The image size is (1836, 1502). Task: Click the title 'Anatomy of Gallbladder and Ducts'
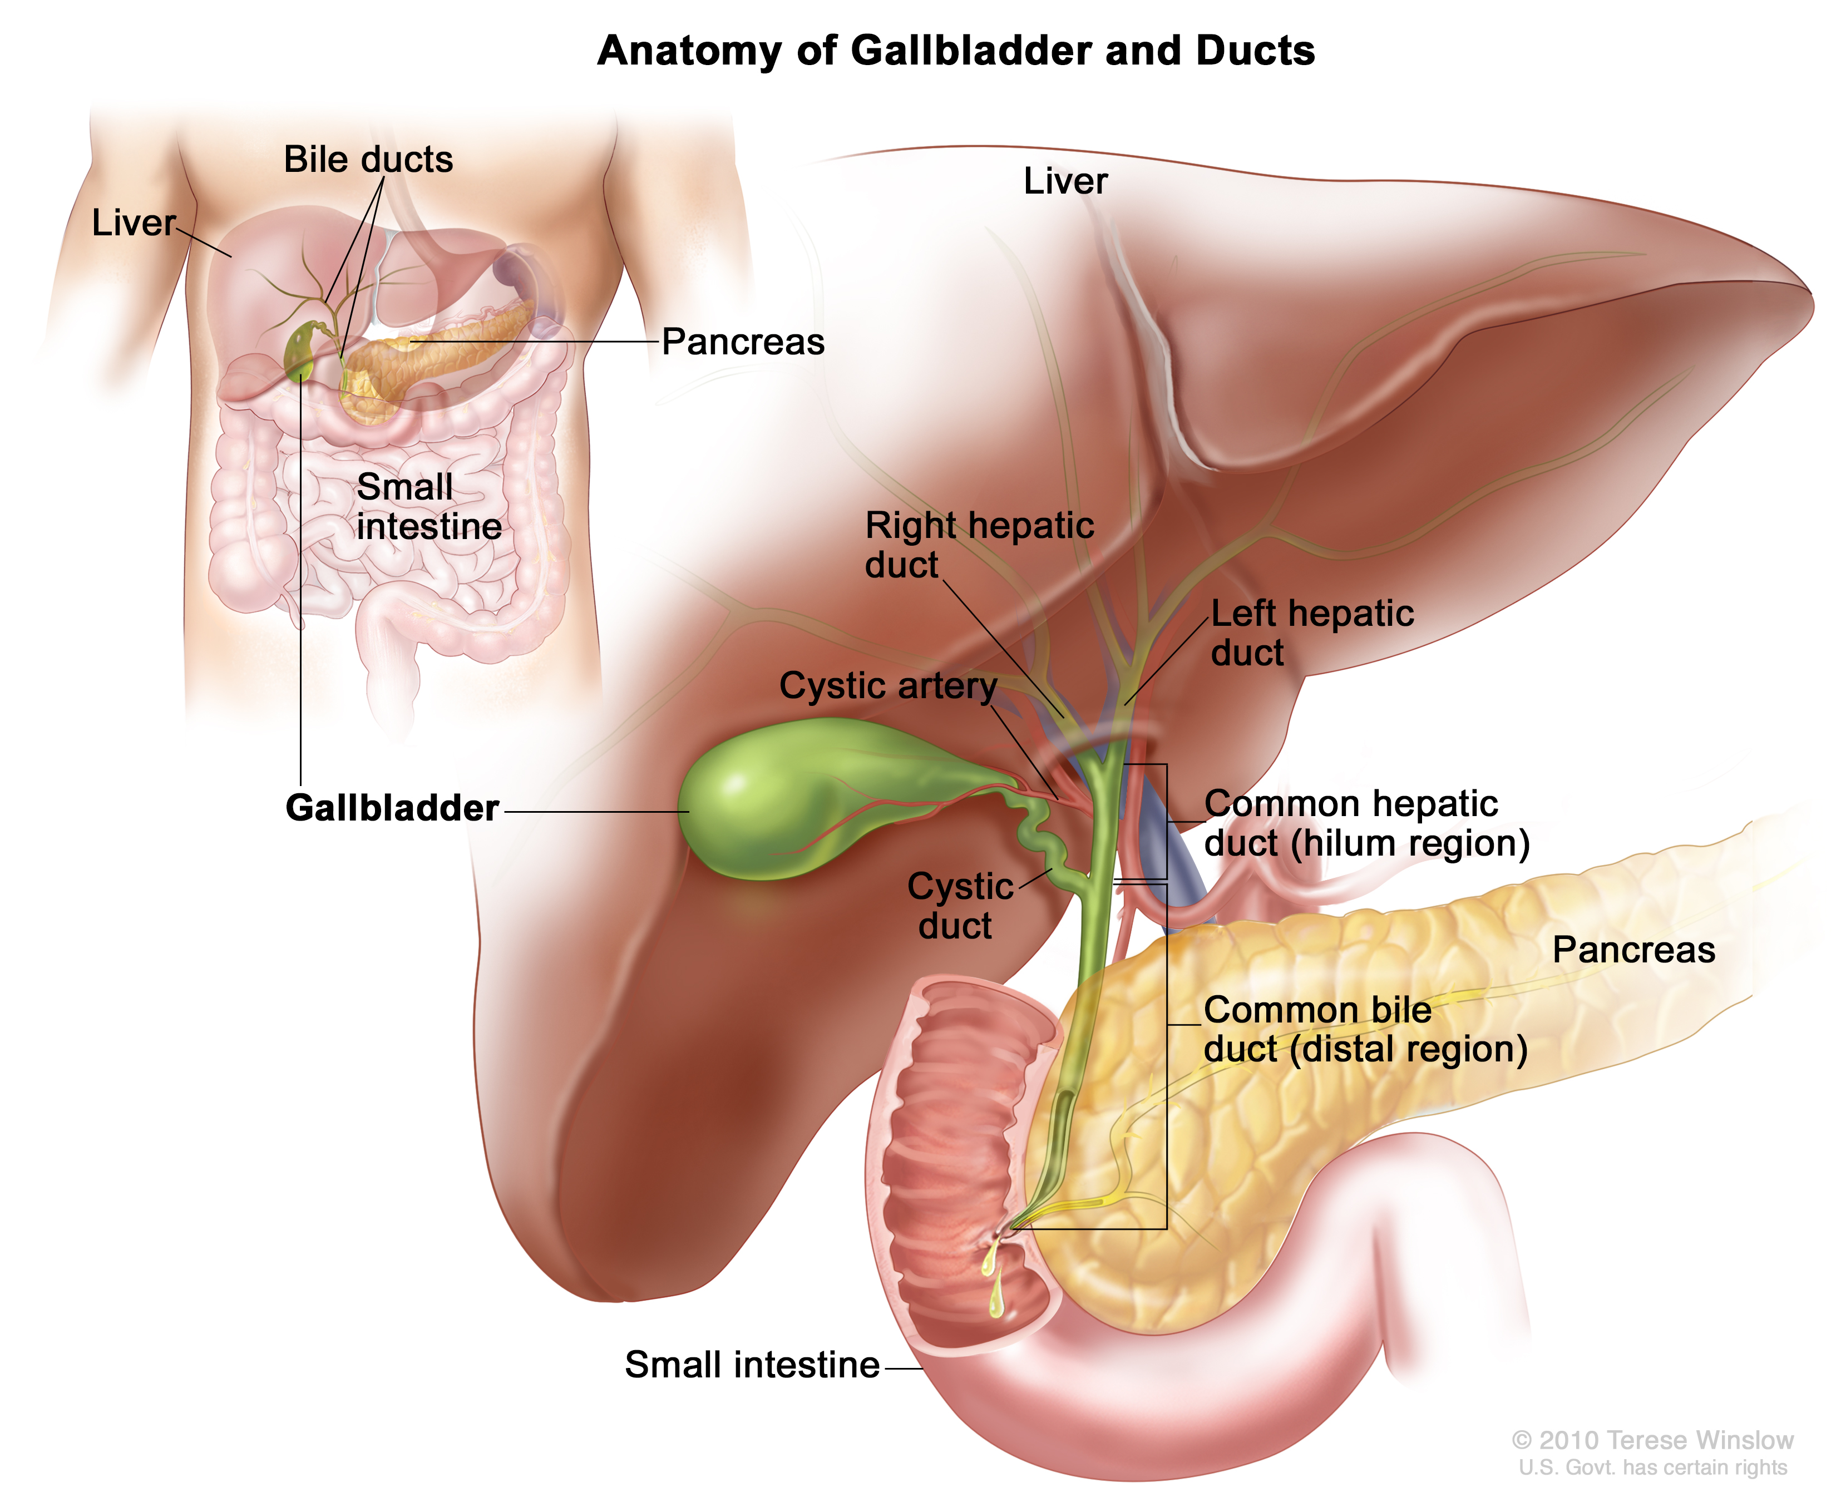(956, 50)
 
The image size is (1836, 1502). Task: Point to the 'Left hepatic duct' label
(1312, 633)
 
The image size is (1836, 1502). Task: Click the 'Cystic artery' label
(888, 685)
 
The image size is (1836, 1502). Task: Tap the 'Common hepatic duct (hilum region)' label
(1367, 823)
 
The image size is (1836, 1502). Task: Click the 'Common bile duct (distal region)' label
(1365, 1030)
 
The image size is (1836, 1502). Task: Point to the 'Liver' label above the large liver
(1065, 181)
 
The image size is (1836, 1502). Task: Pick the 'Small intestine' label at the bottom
(752, 1365)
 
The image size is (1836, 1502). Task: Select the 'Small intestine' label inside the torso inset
(429, 506)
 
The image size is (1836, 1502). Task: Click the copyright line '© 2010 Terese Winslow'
(1652, 1440)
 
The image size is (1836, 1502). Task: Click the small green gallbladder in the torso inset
(300, 350)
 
